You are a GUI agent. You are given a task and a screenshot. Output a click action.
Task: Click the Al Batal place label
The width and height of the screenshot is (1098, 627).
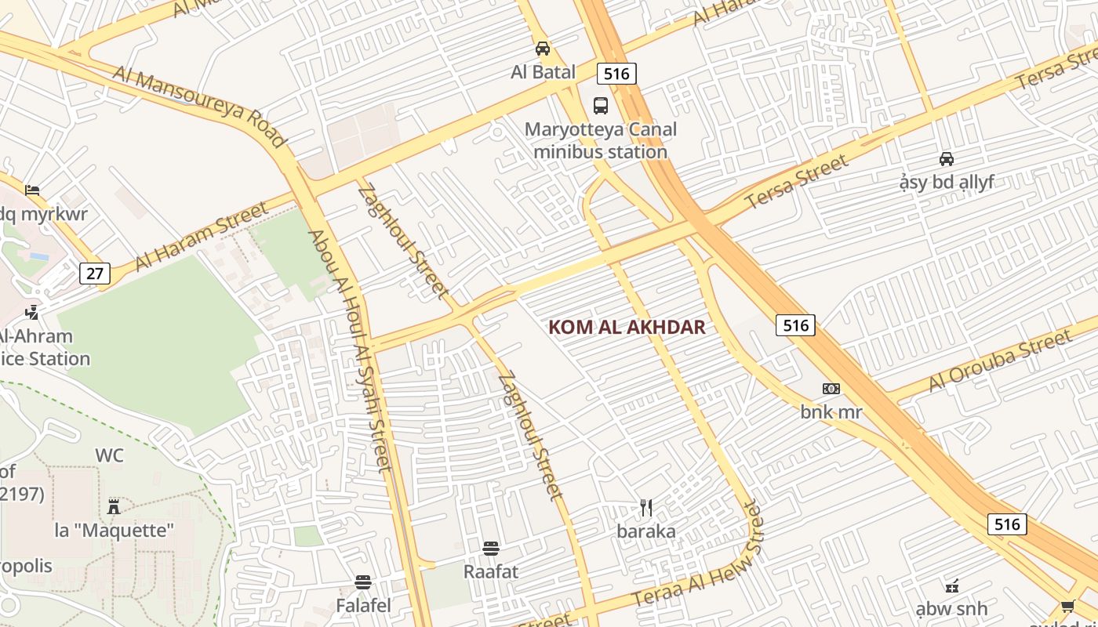(543, 72)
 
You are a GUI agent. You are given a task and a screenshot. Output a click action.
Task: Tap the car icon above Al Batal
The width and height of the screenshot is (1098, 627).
(543, 49)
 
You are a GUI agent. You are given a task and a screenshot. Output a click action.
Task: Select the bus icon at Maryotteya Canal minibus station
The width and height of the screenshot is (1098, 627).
(601, 106)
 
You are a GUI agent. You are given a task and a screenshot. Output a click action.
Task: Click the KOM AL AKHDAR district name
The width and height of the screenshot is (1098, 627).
(627, 328)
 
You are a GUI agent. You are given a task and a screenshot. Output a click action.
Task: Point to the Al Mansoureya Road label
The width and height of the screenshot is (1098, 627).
(199, 106)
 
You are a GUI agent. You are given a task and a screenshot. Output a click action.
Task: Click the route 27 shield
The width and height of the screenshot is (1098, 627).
(95, 274)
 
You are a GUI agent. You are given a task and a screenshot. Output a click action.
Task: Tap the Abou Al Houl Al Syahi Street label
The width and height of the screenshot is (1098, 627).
(349, 350)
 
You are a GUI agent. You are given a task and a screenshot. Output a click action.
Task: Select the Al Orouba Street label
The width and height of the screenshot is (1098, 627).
(1000, 361)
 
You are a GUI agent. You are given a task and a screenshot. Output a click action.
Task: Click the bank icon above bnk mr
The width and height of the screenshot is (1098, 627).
(831, 389)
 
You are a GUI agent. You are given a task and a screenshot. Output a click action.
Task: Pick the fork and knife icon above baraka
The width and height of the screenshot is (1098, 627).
(646, 508)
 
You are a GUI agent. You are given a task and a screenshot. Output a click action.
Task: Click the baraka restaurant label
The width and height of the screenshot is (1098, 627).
(646, 531)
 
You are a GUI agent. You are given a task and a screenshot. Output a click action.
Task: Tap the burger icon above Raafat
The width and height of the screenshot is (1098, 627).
(491, 548)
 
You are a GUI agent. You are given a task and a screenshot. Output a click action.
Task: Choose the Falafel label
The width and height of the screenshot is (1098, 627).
(363, 606)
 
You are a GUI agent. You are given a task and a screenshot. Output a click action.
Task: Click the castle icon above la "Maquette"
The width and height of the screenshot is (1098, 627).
(114, 507)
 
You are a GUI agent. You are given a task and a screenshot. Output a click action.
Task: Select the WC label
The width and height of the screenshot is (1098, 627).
(109, 455)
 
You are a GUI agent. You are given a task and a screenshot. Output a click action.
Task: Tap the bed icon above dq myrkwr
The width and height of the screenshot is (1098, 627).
(32, 190)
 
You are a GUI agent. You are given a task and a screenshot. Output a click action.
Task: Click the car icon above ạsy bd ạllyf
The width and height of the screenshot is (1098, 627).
(947, 159)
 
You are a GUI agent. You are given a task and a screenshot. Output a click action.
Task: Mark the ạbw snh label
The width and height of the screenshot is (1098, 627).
(951, 609)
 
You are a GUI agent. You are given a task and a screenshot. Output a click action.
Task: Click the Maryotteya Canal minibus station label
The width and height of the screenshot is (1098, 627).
(601, 140)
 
